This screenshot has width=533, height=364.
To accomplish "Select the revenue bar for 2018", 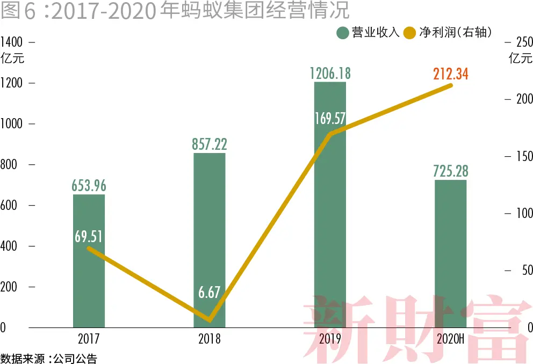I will [x=210, y=225].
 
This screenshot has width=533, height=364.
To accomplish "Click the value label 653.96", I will [x=89, y=185].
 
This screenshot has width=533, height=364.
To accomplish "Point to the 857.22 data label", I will [x=210, y=144].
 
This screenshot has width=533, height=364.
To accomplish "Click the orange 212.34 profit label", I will [x=450, y=74].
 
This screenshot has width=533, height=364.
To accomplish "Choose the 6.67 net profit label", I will [x=210, y=293].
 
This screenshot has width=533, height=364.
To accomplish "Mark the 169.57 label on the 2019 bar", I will [x=330, y=118].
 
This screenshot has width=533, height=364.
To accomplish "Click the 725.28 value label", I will [x=450, y=171].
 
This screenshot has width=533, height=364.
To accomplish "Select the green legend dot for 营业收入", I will [x=343, y=33].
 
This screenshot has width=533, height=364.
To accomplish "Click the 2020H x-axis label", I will [x=450, y=339].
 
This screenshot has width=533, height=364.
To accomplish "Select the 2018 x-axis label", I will [x=210, y=339].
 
